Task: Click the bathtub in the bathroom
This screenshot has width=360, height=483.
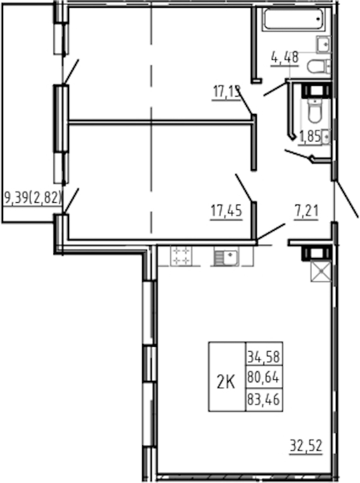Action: pyautogui.click(x=294, y=19)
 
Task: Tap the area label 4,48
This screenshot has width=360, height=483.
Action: pyautogui.click(x=285, y=58)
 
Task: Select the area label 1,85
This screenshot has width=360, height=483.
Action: pyautogui.click(x=310, y=136)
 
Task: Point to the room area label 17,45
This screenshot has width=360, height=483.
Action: pyautogui.click(x=226, y=211)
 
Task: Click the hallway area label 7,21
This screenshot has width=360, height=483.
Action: pyautogui.click(x=306, y=212)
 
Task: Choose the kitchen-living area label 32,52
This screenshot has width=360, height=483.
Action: pyautogui.click(x=307, y=445)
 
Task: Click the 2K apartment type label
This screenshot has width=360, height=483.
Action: pyautogui.click(x=226, y=383)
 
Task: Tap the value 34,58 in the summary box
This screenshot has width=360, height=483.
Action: pyautogui.click(x=264, y=357)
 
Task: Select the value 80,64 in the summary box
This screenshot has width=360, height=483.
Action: pyautogui.click(x=264, y=377)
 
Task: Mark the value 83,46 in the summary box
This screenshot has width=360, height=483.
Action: pyautogui.click(x=264, y=400)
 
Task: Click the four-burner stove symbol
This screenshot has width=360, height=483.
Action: pyautogui.click(x=181, y=256)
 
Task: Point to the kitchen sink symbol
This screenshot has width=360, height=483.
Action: pyautogui.click(x=226, y=257)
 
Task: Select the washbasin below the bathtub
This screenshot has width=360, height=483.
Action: pyautogui.click(x=323, y=45)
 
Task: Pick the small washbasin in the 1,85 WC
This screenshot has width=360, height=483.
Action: pyautogui.click(x=326, y=136)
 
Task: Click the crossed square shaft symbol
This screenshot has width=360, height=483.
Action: pyautogui.click(x=321, y=271)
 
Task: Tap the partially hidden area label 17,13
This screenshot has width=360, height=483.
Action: pyautogui.click(x=226, y=92)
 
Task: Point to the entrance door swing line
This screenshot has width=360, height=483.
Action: pyautogui.click(x=346, y=199)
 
